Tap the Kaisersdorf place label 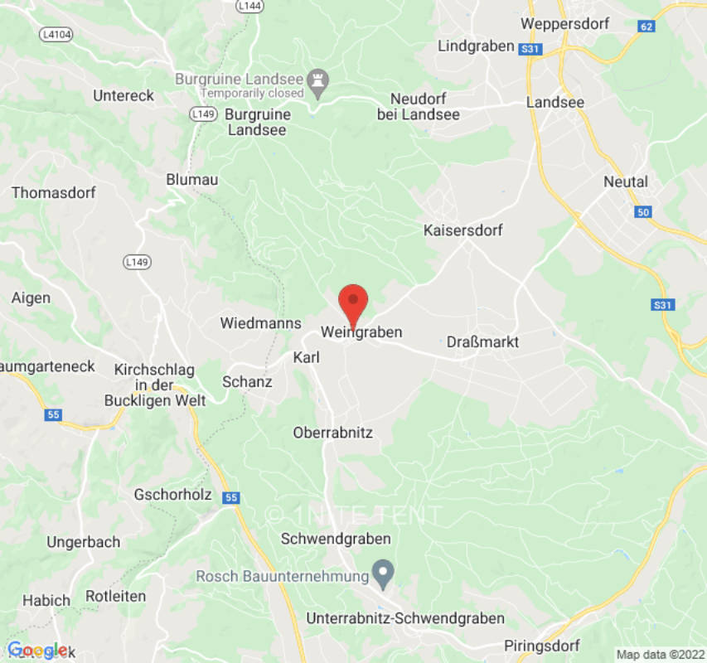click(x=462, y=230)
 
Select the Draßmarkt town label click(x=482, y=341)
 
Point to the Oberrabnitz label click(x=333, y=433)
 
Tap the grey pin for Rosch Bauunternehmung click(x=382, y=571)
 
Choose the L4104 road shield click(x=56, y=35)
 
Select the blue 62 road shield click(x=647, y=27)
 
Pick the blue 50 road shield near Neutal click(x=643, y=213)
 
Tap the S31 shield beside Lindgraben click(x=530, y=50)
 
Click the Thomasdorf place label click(x=53, y=192)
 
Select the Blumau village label click(x=191, y=179)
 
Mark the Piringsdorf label click(x=542, y=646)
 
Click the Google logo click(x=36, y=651)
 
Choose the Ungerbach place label click(x=83, y=542)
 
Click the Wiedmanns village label click(x=254, y=322)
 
